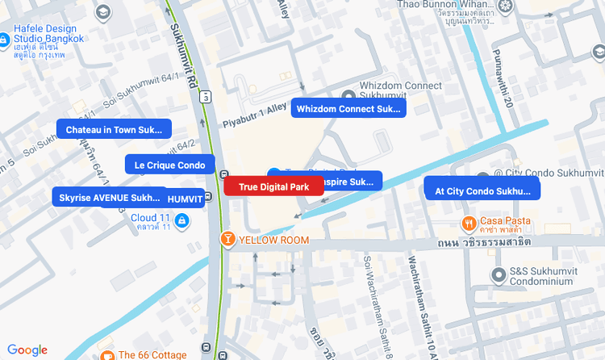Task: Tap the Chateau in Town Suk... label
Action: [x=114, y=129]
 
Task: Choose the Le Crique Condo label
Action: [x=170, y=165]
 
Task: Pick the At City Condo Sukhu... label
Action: [x=482, y=191]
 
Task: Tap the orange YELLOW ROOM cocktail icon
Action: [x=228, y=240]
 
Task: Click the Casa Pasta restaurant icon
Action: [x=468, y=221]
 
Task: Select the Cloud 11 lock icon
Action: [x=181, y=220]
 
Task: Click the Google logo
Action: [x=27, y=350]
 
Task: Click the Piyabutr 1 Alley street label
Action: [x=255, y=115]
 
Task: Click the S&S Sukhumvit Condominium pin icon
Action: [x=499, y=276]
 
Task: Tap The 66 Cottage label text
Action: [x=152, y=354]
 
